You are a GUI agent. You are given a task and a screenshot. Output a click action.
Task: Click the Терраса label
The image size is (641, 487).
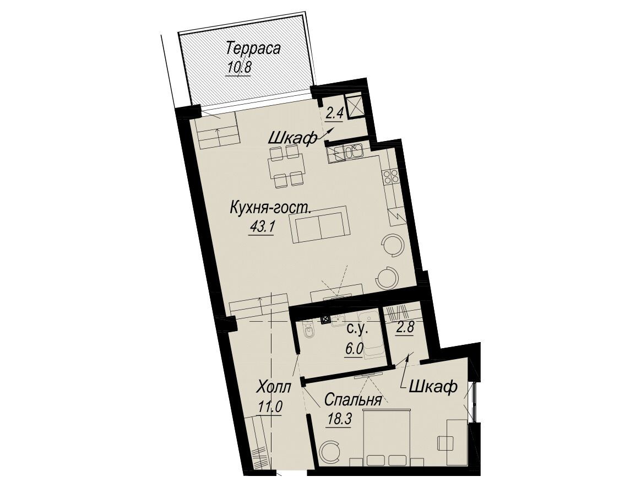tap(254, 48)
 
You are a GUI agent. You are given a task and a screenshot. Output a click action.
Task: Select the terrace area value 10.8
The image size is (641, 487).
tap(239, 67)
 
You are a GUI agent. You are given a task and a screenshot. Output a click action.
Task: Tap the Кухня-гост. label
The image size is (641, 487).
tap(270, 207)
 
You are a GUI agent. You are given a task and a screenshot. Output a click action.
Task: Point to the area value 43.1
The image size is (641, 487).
tap(261, 228)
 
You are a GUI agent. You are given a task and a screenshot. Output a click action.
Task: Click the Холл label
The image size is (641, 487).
tap(274, 387)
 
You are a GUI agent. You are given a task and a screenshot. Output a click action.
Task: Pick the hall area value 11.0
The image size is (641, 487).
tap(270, 407)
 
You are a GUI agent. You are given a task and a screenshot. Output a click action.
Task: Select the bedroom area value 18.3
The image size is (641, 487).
tap(339, 420)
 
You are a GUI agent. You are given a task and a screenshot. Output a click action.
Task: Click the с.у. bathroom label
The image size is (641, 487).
tap(358, 328)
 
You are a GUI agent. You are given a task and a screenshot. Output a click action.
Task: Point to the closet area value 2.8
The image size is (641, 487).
tap(405, 328)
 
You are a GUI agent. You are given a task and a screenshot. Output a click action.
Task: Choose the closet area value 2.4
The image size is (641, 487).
tap(334, 113)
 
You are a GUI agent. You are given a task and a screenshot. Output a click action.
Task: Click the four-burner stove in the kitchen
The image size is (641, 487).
tap(390, 176)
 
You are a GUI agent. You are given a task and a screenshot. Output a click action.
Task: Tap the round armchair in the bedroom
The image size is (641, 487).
tap(329, 452)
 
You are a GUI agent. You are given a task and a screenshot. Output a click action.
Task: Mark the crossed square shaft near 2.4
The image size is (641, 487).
tap(354, 105)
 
